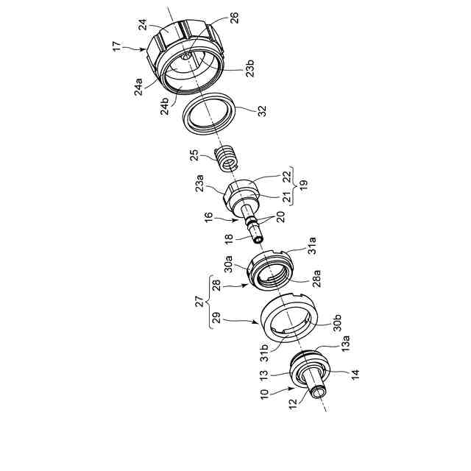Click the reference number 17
(117, 46)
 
